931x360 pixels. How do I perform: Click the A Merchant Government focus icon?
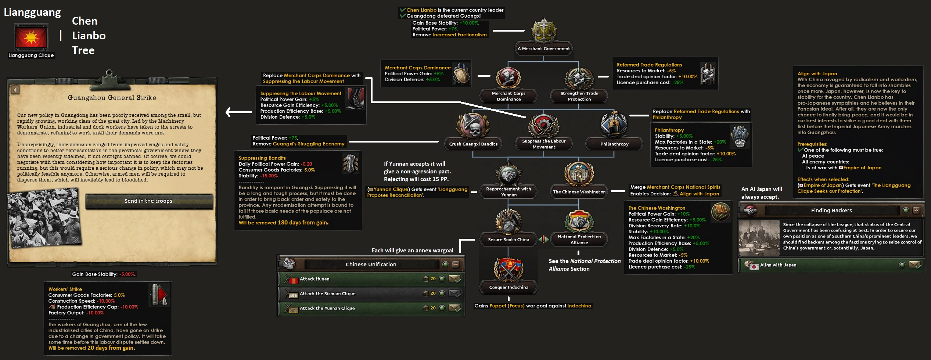[543, 31]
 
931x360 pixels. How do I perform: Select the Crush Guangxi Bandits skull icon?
[473, 125]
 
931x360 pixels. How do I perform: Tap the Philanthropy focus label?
[614, 144]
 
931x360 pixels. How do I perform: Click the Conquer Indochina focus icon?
[508, 269]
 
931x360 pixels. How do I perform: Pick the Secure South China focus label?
[508, 240]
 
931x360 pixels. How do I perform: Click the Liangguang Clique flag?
[31, 37]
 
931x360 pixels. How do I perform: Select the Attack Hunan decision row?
[371, 279]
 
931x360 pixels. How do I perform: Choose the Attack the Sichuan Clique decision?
[371, 294]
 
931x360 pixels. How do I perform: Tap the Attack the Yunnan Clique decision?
[371, 308]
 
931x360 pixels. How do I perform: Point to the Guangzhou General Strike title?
[112, 98]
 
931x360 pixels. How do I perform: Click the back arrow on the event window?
[15, 90]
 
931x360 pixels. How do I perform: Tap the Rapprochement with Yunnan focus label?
[508, 192]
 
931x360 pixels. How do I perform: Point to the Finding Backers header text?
[831, 210]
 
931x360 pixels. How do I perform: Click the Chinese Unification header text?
[371, 264]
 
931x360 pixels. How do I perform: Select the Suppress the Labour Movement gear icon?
[544, 125]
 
